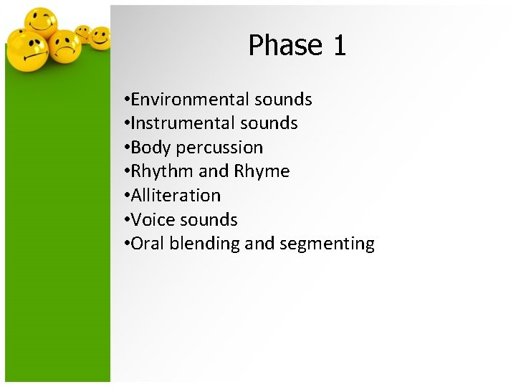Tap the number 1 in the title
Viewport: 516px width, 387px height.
tap(339, 45)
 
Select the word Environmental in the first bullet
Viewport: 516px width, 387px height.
tap(186, 99)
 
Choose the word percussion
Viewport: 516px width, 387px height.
tap(219, 148)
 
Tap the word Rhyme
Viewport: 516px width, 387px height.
tap(262, 171)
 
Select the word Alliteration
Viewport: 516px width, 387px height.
tap(176, 195)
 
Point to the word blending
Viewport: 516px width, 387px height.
tap(206, 244)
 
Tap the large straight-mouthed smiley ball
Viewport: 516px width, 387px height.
tap(26, 52)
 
